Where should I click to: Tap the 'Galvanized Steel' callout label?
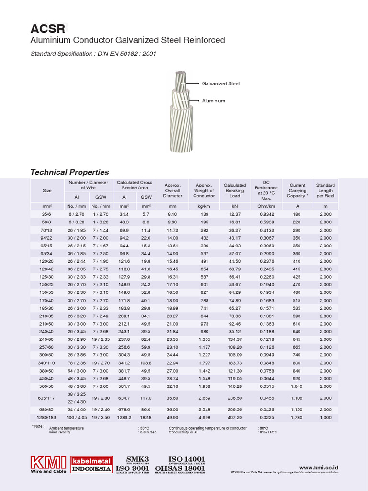(220, 84)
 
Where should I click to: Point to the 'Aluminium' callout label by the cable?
(213, 101)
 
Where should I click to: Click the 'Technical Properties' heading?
(69, 172)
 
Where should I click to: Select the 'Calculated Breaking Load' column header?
(235, 190)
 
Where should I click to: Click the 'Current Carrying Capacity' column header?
(297, 190)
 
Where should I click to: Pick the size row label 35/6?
(47, 214)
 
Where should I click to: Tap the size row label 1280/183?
(47, 418)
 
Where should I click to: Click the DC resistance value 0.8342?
(267, 214)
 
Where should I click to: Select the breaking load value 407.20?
(235, 418)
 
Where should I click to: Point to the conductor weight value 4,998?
(204, 418)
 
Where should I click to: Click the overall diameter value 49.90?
(172, 418)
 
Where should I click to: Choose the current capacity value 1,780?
(297, 418)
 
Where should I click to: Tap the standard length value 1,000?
(325, 418)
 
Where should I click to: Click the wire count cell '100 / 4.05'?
(76, 418)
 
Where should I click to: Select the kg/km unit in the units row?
(204, 206)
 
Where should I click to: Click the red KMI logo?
(48, 463)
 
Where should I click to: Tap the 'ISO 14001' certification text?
(186, 459)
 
